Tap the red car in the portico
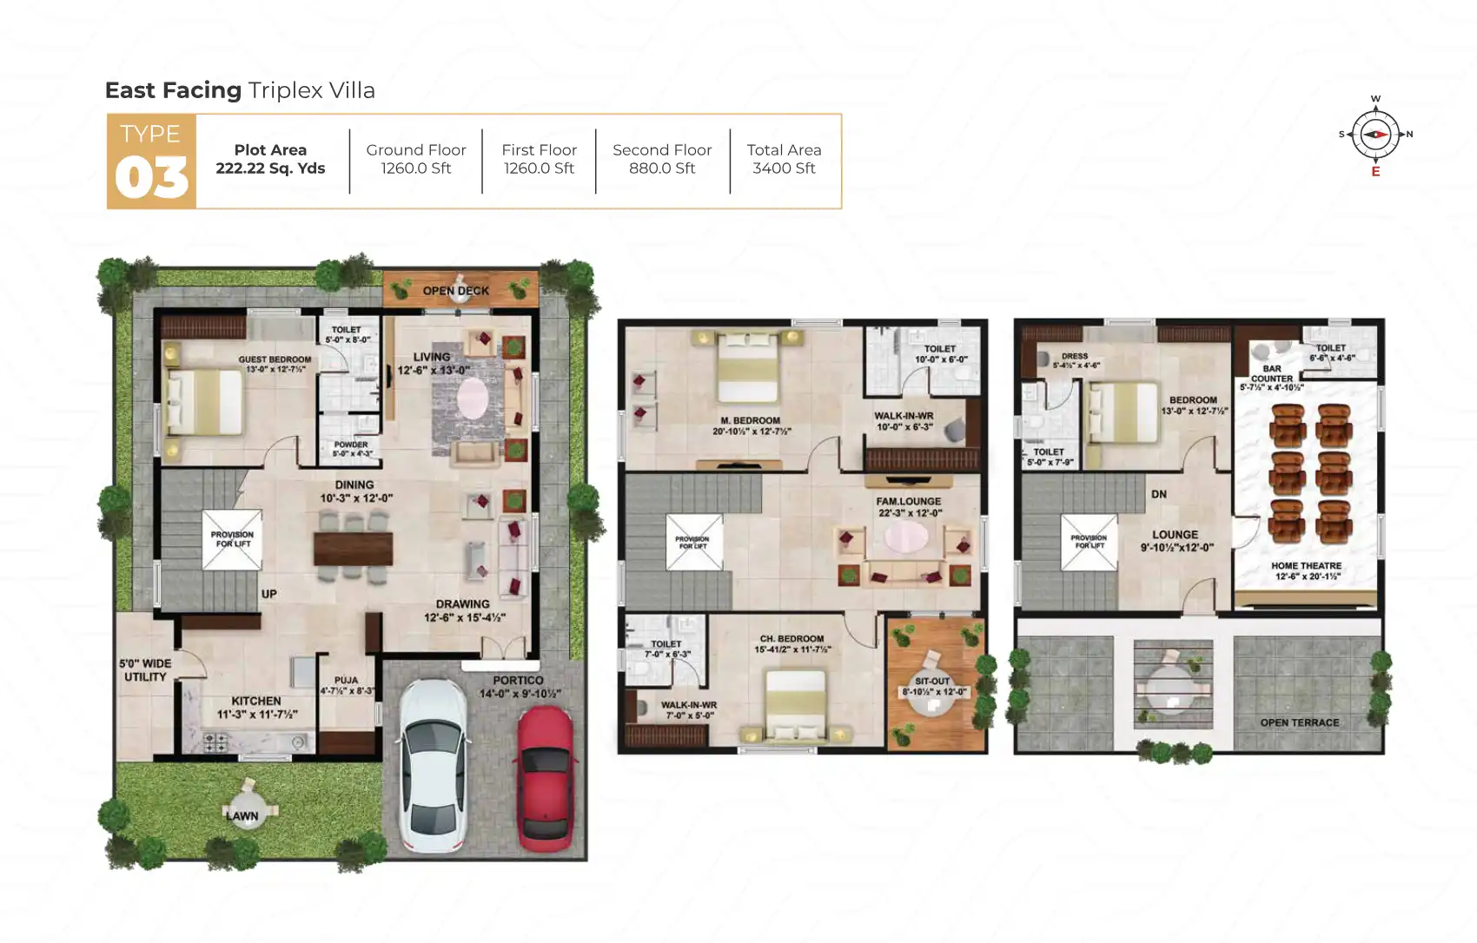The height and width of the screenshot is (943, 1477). [x=546, y=777]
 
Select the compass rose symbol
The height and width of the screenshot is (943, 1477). [x=1375, y=135]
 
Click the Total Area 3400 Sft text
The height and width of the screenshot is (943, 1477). [x=784, y=159]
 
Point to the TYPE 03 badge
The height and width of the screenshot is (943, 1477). [x=151, y=162]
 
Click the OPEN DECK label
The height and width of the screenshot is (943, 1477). [x=455, y=291]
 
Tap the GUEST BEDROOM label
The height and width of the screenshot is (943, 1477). [x=275, y=359]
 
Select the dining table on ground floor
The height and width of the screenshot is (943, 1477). [x=353, y=548]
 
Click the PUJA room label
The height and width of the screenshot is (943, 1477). [x=346, y=681]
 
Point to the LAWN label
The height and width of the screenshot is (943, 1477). [x=242, y=815]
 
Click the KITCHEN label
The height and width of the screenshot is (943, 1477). [x=256, y=701]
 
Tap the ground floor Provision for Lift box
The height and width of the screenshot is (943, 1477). [x=232, y=539]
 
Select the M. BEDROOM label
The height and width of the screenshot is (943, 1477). [x=751, y=421]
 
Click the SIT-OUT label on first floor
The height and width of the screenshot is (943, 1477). [x=932, y=682]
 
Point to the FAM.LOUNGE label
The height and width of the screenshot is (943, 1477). [x=909, y=502]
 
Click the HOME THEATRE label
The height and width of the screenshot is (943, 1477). [x=1306, y=566]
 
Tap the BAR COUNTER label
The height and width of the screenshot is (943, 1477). [x=1272, y=373]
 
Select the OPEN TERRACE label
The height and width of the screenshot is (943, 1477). [x=1299, y=722]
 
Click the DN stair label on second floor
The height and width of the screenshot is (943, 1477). [x=1159, y=494]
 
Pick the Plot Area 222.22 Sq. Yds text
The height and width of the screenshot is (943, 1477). [x=270, y=159]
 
